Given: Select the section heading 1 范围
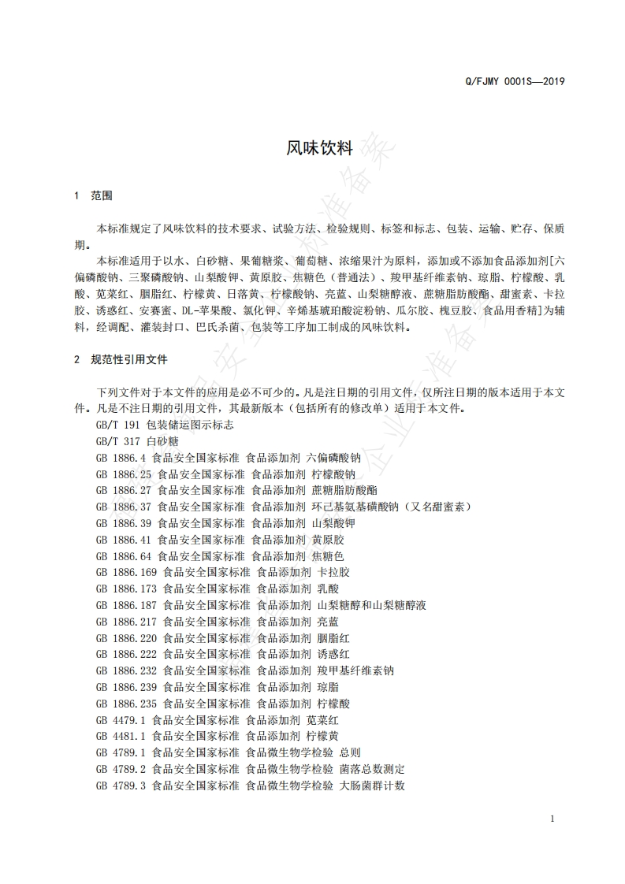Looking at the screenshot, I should pyautogui.click(x=93, y=195).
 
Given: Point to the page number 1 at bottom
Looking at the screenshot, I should pyautogui.click(x=552, y=819).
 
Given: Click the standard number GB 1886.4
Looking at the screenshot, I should pyautogui.click(x=122, y=458).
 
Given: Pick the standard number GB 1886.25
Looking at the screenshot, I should pyautogui.click(x=125, y=474).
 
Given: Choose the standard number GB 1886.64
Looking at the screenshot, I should pyautogui.click(x=125, y=556).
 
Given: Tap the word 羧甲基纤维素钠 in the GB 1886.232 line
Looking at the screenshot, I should pyautogui.click(x=355, y=670).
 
